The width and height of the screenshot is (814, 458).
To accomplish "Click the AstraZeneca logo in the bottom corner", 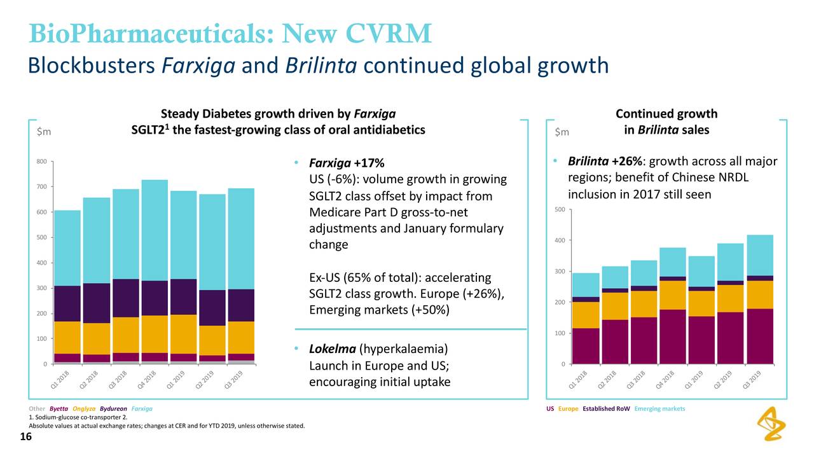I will tap(772, 425).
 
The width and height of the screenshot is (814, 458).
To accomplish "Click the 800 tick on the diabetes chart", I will tap(41, 162).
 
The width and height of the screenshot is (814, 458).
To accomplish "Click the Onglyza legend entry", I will tap(84, 408).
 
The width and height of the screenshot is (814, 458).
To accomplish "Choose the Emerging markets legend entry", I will tap(659, 408).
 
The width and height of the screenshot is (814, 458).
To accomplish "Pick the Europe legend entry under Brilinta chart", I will tap(569, 408).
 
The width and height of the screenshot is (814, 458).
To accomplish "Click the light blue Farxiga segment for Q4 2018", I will tap(155, 230).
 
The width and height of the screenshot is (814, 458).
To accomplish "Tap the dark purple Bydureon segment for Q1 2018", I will tap(67, 303).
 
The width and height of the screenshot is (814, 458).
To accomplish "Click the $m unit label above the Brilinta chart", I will tap(562, 132).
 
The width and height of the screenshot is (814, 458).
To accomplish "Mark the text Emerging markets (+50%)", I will tap(379, 310).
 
